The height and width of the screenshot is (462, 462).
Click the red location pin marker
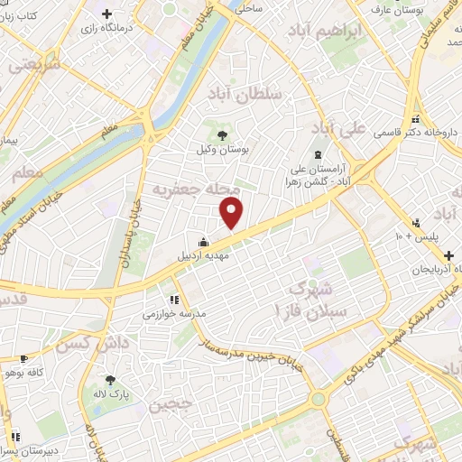click(x=233, y=213)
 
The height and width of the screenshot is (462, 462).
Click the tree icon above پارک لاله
click(x=110, y=381)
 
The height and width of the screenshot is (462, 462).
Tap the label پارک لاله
click(x=110, y=395)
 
